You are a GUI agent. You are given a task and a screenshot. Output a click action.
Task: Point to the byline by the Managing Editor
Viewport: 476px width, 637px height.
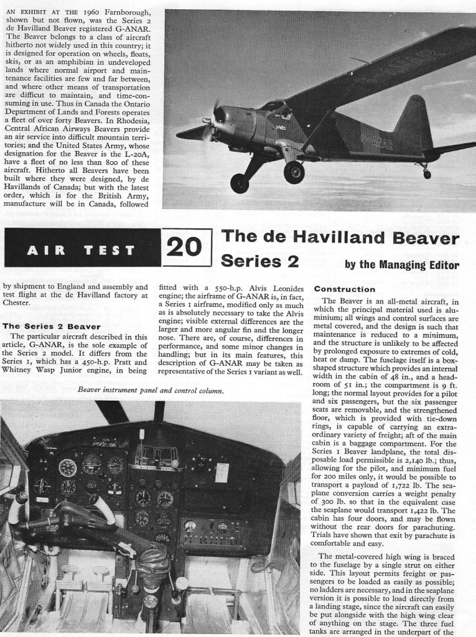401,264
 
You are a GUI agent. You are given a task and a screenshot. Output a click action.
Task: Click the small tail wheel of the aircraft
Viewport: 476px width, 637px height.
427,174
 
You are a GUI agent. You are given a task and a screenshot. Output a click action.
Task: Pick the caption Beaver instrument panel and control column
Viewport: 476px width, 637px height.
152,391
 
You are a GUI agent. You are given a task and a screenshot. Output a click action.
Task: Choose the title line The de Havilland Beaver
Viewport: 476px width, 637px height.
340,238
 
